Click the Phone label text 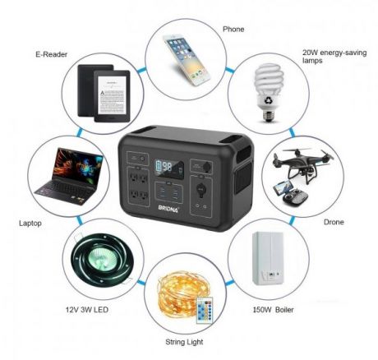(233, 29)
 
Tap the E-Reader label (51, 54)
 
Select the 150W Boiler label (273, 310)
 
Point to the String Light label (184, 342)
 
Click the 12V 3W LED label (87, 310)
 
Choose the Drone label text (334, 222)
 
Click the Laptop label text (30, 224)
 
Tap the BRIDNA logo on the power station (168, 209)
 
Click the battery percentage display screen (168, 168)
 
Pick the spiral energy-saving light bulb (268, 93)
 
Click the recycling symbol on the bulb (267, 101)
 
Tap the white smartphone (187, 60)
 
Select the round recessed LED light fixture (102, 261)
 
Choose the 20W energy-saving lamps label (334, 57)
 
